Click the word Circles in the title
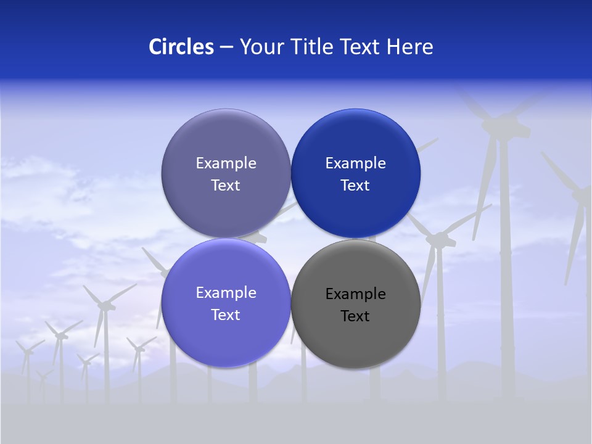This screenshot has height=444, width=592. [181, 47]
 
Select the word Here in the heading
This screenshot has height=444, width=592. [409, 47]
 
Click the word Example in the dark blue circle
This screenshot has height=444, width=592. [355, 163]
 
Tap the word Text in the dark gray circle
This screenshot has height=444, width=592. [355, 316]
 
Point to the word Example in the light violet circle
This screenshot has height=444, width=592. [226, 293]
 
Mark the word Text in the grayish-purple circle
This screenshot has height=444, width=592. [226, 186]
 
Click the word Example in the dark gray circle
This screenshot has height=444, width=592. [355, 294]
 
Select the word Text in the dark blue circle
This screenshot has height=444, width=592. [355, 186]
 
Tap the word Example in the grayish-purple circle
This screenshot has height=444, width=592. [226, 163]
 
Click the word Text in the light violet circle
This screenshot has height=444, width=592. [226, 315]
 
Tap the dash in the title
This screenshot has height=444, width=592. [226, 47]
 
